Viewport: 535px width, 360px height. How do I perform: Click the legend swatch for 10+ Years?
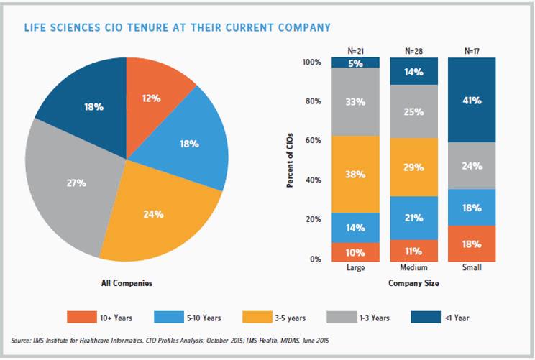tap(86, 316)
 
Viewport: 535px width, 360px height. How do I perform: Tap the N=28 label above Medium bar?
tap(413, 51)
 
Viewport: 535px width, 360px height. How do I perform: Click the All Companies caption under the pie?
tap(126, 284)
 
